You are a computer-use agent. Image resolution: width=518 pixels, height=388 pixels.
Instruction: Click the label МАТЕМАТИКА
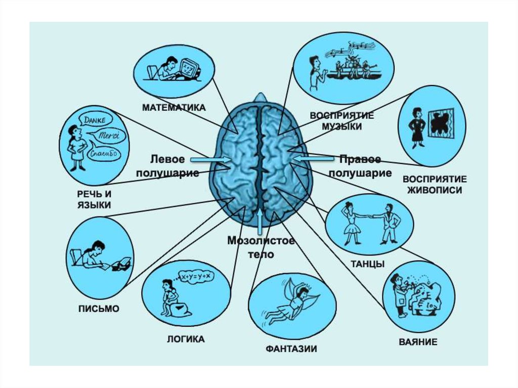(x=174, y=107)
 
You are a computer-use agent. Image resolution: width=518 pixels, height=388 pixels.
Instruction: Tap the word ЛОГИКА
(x=186, y=339)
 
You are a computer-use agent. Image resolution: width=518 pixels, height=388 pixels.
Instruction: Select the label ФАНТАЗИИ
(x=291, y=349)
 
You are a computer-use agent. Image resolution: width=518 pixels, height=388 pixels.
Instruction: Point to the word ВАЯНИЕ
(x=417, y=342)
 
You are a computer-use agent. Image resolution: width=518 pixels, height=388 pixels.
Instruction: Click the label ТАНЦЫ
(x=367, y=264)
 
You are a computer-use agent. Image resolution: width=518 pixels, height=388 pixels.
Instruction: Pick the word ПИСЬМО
(x=99, y=309)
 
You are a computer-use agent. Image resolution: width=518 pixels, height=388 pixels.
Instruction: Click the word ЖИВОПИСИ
(x=434, y=190)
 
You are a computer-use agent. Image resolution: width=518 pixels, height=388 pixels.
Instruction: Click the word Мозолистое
(x=260, y=240)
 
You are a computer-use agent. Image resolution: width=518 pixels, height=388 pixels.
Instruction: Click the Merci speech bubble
(x=108, y=136)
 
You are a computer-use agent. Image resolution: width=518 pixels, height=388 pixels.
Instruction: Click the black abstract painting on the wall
(x=440, y=122)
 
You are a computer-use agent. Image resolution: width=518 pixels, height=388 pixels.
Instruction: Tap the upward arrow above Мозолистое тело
(x=260, y=220)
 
